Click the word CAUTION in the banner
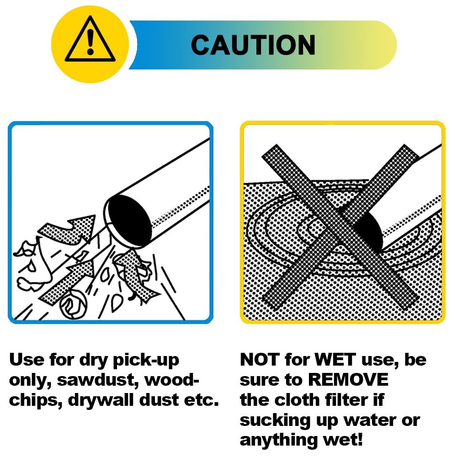tap(253, 45)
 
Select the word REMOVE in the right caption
tap(348, 379)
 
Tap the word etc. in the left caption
tap(202, 400)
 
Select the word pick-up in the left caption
tap(146, 361)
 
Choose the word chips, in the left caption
tap(36, 401)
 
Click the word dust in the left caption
tap(159, 400)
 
